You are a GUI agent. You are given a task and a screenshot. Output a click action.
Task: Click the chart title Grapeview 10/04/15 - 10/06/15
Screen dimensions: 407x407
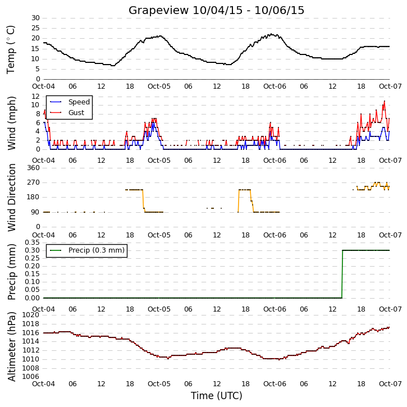(x=216, y=10)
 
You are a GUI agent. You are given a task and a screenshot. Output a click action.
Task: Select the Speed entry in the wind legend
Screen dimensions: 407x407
(x=70, y=102)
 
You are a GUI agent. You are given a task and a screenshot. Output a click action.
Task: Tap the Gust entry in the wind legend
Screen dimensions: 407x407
(x=67, y=113)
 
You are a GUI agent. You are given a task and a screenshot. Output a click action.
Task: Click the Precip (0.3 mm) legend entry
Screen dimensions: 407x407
(x=87, y=250)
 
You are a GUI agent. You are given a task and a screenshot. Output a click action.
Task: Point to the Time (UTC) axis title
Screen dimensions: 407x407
(x=217, y=396)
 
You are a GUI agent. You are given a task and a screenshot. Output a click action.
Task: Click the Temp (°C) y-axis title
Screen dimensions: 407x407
(x=11, y=49)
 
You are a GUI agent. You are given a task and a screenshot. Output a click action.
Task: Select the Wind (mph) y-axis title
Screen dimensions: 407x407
(x=11, y=124)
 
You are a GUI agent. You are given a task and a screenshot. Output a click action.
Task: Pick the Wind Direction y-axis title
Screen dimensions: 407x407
(x=11, y=198)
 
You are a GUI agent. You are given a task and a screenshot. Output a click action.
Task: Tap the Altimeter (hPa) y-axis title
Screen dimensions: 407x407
(x=11, y=346)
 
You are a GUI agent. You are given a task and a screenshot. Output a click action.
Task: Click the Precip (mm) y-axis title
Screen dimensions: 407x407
(x=11, y=272)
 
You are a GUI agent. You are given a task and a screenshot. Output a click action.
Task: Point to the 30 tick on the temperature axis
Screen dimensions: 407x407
(x=35, y=18)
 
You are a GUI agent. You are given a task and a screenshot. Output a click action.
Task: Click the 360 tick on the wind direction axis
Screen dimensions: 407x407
(x=34, y=168)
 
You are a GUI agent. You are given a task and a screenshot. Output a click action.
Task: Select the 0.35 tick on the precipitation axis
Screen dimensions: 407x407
(x=32, y=243)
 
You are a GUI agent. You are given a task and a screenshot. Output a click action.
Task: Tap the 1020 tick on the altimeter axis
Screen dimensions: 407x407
(x=31, y=315)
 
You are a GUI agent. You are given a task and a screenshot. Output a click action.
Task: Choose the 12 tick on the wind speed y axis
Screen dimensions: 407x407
(x=35, y=97)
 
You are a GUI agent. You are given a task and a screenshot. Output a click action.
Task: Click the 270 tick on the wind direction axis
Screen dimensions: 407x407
(x=34, y=182)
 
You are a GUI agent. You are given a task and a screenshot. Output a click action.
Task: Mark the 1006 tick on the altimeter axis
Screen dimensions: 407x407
(x=31, y=377)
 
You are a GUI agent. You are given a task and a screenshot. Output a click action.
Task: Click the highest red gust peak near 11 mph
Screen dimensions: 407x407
(x=385, y=101)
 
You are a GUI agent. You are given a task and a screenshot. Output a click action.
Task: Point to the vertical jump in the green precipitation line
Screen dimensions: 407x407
(x=342, y=274)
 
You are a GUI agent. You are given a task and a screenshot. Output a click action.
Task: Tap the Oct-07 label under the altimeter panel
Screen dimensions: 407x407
(x=390, y=383)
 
